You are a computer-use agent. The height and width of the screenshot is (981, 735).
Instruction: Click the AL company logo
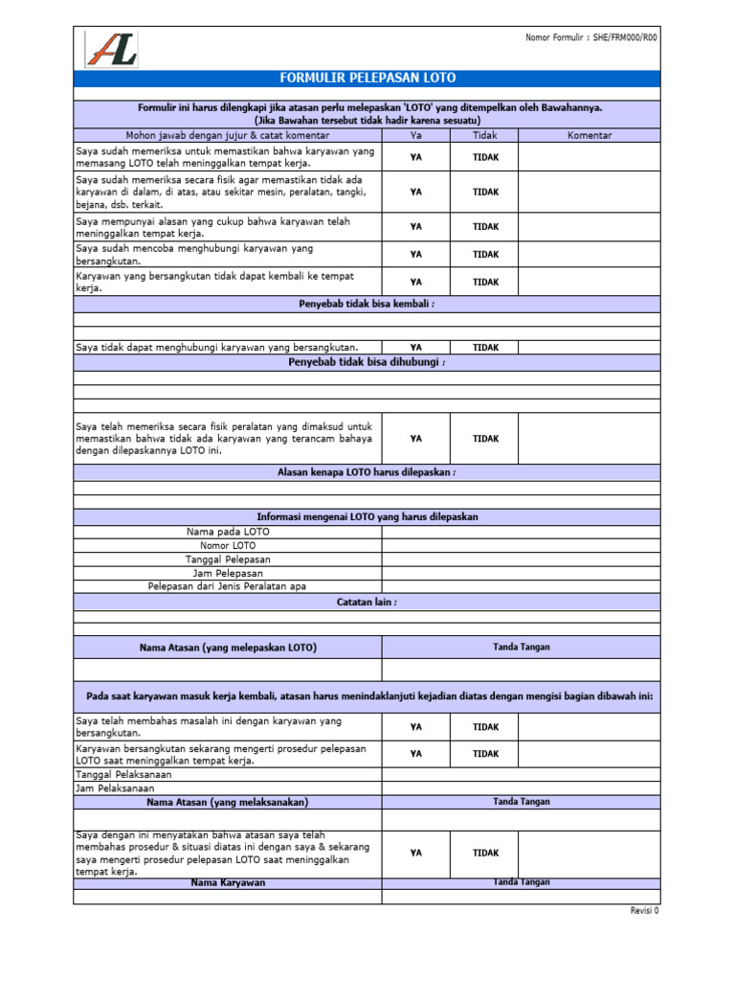111,49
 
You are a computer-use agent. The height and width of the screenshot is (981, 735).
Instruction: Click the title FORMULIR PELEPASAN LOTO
367,78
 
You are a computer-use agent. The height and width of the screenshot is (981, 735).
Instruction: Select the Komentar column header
589,135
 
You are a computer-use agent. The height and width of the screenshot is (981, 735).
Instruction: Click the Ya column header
415,135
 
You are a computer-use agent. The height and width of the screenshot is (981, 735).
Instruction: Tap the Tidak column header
485,135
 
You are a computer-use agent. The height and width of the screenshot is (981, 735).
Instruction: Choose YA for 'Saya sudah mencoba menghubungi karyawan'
415,254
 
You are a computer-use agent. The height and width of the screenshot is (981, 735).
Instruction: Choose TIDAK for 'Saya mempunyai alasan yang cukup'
485,226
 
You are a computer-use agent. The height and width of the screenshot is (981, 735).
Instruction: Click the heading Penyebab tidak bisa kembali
367,304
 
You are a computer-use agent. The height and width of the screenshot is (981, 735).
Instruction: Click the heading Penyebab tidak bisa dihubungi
367,362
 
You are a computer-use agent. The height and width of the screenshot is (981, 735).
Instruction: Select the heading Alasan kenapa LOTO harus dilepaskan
367,472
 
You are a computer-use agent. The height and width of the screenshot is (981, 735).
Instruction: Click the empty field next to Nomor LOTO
521,545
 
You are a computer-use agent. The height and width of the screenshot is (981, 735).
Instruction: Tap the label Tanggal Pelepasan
228,559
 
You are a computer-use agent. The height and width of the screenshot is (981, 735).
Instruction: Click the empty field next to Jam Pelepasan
521,573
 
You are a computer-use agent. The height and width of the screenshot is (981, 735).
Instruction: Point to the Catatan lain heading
367,602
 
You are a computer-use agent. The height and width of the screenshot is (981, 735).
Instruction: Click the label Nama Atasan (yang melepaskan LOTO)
228,648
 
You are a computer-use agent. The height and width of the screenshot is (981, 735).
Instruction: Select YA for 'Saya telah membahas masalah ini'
415,727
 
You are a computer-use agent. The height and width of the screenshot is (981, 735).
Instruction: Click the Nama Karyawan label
228,882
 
